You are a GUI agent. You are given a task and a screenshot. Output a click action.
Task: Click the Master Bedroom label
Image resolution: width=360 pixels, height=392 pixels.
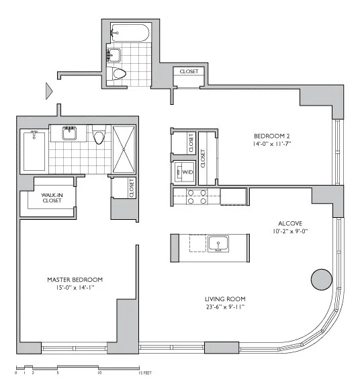pos(75,279)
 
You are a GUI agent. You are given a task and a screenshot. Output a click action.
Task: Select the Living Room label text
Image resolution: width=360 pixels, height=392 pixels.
pos(225,299)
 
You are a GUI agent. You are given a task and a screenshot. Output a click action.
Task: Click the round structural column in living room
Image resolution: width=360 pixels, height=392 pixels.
pos(322,279)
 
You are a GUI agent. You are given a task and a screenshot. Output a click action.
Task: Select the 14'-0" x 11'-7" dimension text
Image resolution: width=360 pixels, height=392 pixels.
pos(271,143)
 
